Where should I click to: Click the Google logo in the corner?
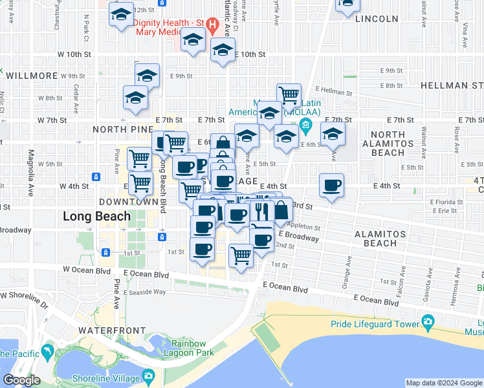21,380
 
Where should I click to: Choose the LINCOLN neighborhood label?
377,19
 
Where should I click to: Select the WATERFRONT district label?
109,330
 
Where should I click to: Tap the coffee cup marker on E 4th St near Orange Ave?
331,186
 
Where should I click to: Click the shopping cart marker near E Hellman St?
289,96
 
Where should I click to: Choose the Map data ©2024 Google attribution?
443,383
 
